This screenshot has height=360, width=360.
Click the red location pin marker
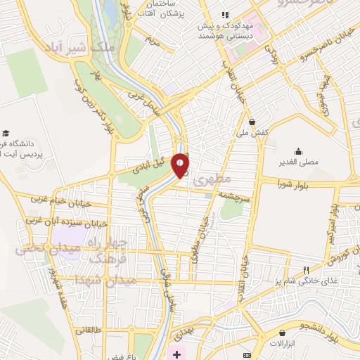tap(181, 165)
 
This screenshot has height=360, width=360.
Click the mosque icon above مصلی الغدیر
tap(299, 150)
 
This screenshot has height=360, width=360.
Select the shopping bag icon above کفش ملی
tap(252, 122)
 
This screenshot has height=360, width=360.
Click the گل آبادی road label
tap(153, 166)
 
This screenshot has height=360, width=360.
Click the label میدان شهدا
tap(86, 282)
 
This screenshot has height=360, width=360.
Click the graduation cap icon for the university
tap(6, 133)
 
